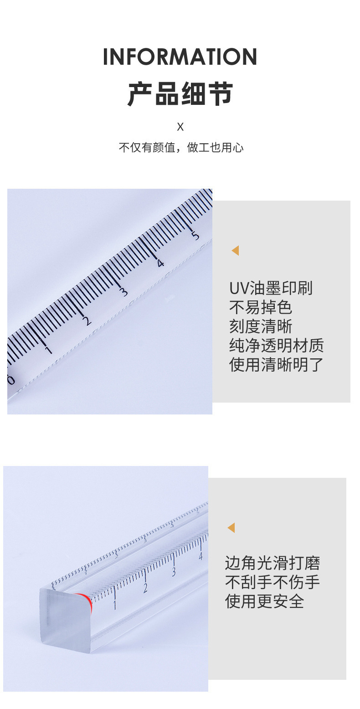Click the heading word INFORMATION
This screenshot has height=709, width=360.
(x=180, y=57)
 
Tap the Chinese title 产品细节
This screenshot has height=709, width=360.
(x=180, y=94)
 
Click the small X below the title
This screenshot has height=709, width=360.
(x=180, y=127)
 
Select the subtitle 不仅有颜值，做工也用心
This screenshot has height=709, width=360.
(x=181, y=148)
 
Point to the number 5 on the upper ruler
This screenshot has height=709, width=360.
(x=195, y=235)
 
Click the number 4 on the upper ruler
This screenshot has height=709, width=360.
(x=160, y=263)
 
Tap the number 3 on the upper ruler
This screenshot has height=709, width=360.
(x=124, y=291)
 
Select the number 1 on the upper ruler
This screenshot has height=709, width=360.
(x=48, y=350)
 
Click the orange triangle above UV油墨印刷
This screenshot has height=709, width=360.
(x=235, y=250)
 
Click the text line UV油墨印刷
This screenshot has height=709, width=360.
(x=271, y=289)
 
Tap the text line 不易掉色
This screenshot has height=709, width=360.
(x=260, y=308)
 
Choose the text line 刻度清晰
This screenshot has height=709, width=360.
(x=260, y=327)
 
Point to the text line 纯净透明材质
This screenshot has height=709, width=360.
(x=276, y=346)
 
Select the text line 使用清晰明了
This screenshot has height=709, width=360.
(x=276, y=365)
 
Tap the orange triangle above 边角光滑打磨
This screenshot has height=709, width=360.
(x=231, y=528)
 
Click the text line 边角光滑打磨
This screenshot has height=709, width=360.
(x=272, y=564)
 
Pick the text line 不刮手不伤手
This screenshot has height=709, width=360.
(x=272, y=583)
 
